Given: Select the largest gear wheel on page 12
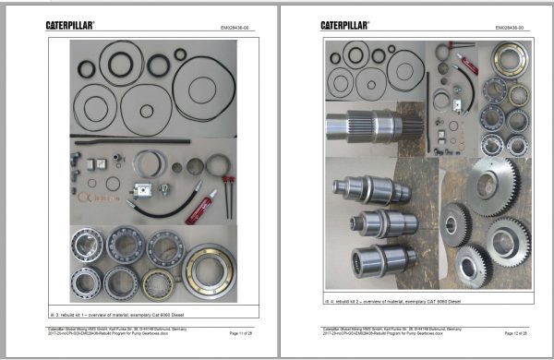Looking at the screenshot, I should coord(490,186).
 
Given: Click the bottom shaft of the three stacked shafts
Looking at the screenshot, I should coord(374,261).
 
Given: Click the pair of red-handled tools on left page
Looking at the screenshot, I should coord(226,196).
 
